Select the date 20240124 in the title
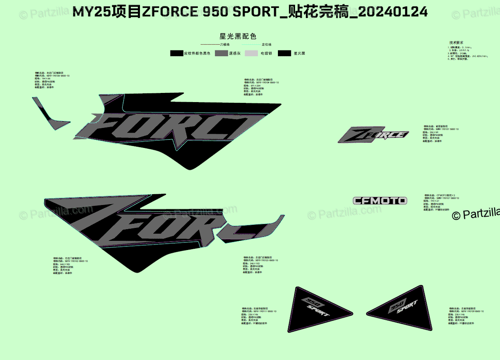392,12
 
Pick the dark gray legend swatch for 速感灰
221,53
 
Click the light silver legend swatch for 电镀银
251,53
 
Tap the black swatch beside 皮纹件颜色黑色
177,53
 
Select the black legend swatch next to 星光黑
285,53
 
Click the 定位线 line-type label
266,44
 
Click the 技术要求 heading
456,42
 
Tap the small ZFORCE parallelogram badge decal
373,135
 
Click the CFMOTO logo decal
380,200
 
